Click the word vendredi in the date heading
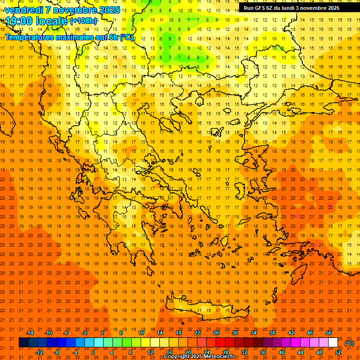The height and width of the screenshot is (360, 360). click(23, 10)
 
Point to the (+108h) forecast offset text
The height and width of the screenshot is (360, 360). click(84, 21)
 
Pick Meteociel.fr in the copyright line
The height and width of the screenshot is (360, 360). click(218, 357)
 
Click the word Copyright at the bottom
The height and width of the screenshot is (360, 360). click(177, 357)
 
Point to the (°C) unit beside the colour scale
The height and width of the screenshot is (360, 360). click(349, 343)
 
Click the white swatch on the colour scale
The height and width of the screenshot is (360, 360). click(333, 343)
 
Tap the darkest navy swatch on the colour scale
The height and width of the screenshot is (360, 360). click(23, 343)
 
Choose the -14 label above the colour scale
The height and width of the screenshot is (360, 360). click(30, 333)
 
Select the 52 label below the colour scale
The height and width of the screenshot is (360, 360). click(338, 352)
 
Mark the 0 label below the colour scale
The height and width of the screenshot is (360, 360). click(93, 352)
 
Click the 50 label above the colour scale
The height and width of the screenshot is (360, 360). click(329, 333)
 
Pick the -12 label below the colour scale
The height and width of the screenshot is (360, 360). click(39, 352)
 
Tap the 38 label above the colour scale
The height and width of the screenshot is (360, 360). click(272, 333)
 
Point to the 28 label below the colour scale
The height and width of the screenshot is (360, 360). click(225, 352)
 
